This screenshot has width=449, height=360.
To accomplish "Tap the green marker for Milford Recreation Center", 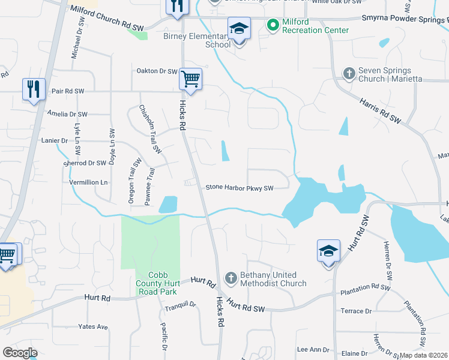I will click(x=273, y=25).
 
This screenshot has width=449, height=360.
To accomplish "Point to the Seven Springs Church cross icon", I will click(x=349, y=73).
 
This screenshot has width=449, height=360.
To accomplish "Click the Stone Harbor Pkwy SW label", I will click(x=240, y=188).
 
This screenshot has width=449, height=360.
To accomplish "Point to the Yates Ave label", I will click(x=93, y=327).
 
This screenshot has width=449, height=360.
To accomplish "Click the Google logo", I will click(x=20, y=353).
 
